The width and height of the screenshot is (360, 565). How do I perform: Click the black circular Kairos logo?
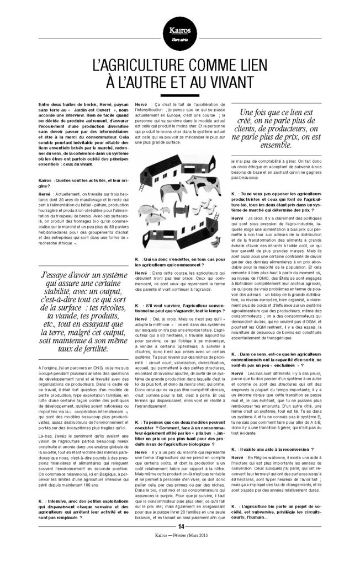(x=179, y=28)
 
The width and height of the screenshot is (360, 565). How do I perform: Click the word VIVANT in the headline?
(x=232, y=83)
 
